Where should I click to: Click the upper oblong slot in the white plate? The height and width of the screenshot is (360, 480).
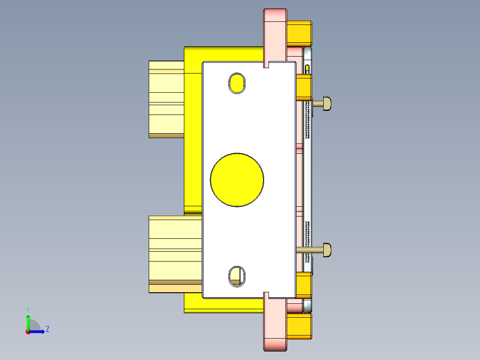pyautogui.click(x=237, y=83)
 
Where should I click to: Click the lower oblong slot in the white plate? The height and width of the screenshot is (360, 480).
pyautogui.click(x=236, y=276)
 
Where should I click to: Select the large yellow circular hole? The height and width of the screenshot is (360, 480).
pyautogui.click(x=237, y=180)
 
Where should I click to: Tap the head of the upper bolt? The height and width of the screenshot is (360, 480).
pyautogui.click(x=327, y=103)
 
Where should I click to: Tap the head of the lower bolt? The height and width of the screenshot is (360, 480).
pyautogui.click(x=327, y=250)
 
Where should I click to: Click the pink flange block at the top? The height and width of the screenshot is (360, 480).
pyautogui.click(x=275, y=33)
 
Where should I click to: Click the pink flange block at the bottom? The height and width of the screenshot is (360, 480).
pyautogui.click(x=275, y=324)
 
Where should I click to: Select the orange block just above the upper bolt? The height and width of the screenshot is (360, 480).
pyautogui.click(x=304, y=87)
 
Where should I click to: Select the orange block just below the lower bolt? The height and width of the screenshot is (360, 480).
pyautogui.click(x=304, y=285)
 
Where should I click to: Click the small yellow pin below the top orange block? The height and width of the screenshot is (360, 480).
pyautogui.click(x=308, y=69)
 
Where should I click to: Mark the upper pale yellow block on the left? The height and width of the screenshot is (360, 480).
pyautogui.click(x=166, y=99)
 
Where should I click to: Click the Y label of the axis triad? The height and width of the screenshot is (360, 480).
pyautogui.click(x=28, y=309)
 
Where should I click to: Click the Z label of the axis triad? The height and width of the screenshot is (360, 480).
pyautogui.click(x=47, y=330)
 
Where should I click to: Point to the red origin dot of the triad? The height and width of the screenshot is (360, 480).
pyautogui.click(x=28, y=331)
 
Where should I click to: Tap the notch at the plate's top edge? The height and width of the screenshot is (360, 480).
pyautogui.click(x=267, y=65)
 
